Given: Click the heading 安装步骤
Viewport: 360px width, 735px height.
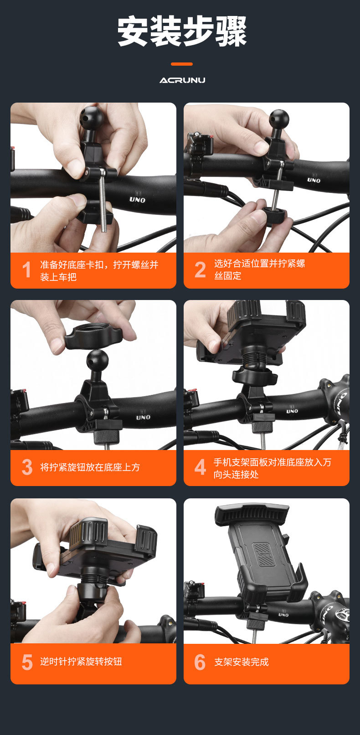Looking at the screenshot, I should (182, 31).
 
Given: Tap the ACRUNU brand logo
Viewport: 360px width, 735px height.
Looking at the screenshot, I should (182, 80).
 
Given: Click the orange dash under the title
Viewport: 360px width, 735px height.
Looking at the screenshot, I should (182, 64).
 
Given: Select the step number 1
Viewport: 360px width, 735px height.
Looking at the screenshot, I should (27, 270).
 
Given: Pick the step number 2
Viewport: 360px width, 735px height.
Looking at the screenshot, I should (200, 269).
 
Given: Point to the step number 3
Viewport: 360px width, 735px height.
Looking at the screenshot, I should (27, 467).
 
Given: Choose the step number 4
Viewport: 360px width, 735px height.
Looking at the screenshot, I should (200, 467).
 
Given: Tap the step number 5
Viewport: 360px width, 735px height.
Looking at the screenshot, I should (27, 663).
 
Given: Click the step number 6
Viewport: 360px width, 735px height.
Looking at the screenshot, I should (200, 663).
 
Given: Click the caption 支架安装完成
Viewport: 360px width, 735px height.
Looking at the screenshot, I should (242, 662).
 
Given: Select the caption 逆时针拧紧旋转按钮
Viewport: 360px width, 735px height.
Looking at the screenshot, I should (81, 662).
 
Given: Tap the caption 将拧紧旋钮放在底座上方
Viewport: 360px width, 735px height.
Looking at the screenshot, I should (90, 467).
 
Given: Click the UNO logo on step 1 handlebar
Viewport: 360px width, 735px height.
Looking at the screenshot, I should (137, 199).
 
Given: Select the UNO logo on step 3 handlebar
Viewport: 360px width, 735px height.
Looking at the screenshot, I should (143, 417).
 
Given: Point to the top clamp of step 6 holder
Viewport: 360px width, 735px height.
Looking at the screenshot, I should (252, 514).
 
